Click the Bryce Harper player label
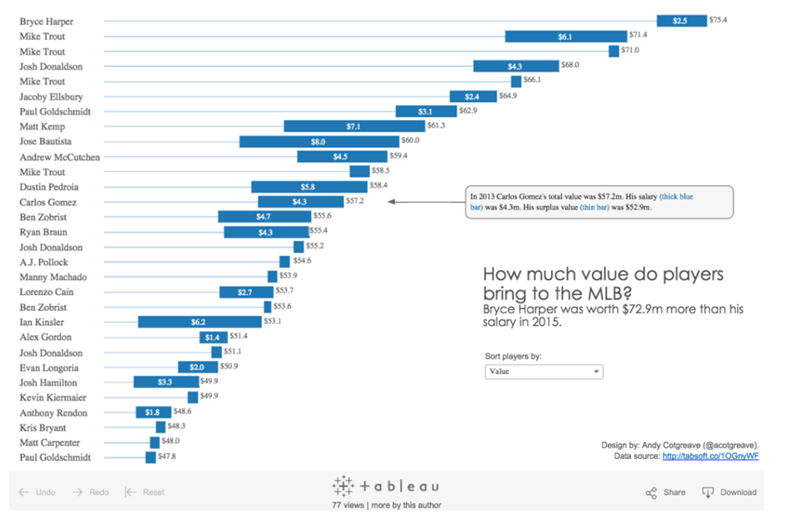tap(46, 22)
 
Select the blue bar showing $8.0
tap(318, 142)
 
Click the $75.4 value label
tap(718, 20)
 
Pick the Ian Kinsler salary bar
tap(199, 322)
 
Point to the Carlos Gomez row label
tap(48, 202)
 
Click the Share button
tap(666, 493)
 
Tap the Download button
tap(729, 493)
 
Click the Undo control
tap(37, 493)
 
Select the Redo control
tap(90, 493)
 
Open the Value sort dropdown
tap(543, 371)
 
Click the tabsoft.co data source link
tap(710, 457)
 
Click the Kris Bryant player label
tap(44, 427)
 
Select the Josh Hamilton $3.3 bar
tap(166, 382)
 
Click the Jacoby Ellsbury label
tap(51, 96)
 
